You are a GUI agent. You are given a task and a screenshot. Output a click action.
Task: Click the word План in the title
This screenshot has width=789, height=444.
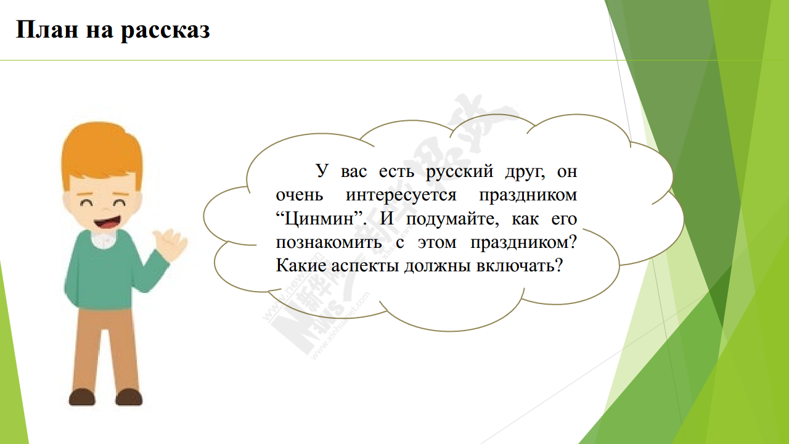[46, 29]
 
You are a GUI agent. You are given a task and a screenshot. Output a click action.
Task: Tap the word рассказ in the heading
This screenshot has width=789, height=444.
[165, 31]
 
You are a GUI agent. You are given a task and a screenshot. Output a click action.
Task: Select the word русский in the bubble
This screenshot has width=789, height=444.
[459, 172]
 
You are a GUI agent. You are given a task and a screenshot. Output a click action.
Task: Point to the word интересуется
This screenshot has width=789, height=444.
[401, 195]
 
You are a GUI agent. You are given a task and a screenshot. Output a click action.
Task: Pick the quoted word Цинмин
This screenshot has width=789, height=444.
[319, 219]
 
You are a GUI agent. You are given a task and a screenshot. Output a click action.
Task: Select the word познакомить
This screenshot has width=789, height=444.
[329, 242]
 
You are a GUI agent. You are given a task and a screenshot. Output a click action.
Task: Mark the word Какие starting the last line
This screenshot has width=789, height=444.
[301, 265]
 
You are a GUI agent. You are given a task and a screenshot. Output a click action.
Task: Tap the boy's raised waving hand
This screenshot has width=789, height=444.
[170, 244]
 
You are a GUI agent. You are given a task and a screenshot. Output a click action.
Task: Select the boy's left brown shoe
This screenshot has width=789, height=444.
[82, 398]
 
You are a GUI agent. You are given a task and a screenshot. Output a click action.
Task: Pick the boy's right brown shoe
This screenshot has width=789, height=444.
[129, 398]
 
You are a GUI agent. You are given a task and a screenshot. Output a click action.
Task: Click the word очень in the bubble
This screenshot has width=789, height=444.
[300, 195]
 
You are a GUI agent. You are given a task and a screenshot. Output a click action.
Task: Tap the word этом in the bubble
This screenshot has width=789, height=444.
[437, 243]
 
